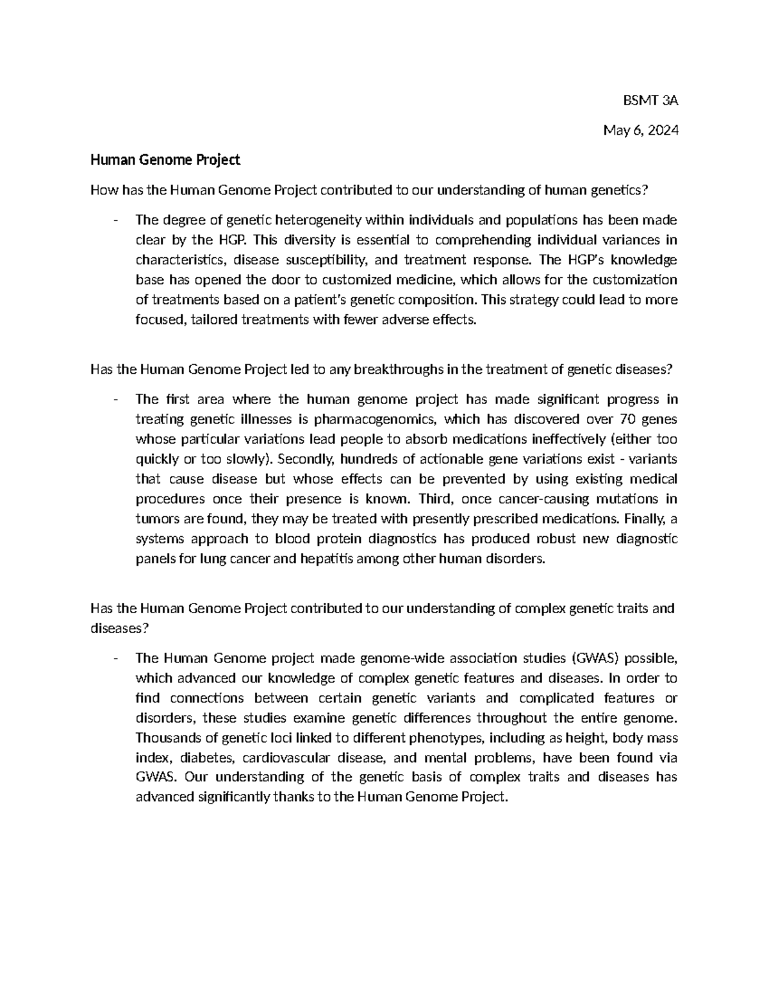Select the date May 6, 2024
point(640,130)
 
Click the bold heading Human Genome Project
point(165,160)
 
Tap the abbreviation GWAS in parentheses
point(596,658)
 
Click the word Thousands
point(163,738)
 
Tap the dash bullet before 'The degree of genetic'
point(115,221)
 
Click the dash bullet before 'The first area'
point(115,400)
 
